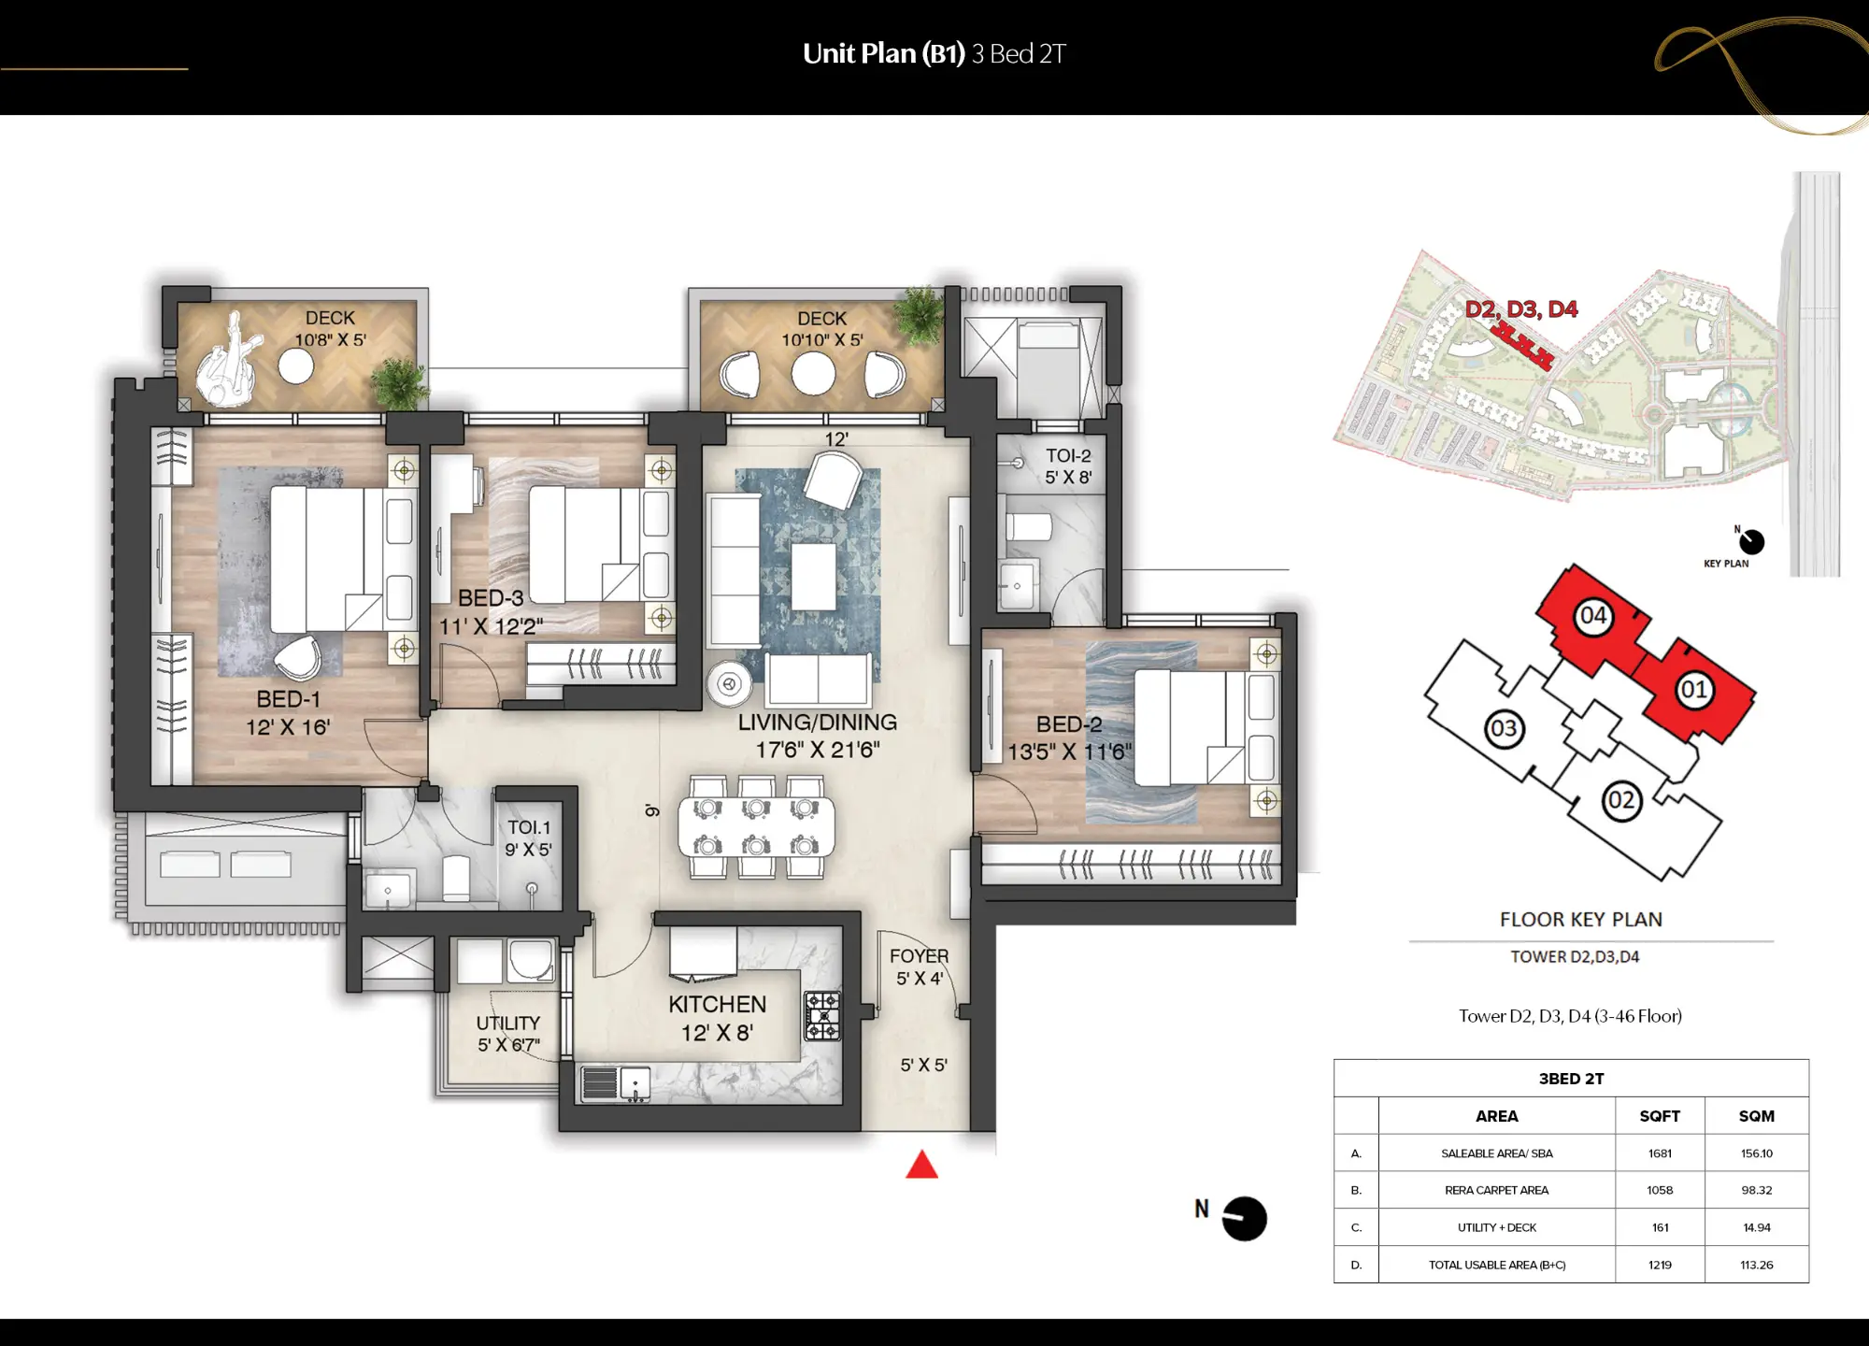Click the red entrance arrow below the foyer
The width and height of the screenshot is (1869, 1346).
[x=921, y=1166]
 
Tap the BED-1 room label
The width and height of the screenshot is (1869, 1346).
[x=288, y=699]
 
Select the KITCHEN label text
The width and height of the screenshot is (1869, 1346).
[x=717, y=1004]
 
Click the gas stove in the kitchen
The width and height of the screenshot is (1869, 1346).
[x=822, y=1016]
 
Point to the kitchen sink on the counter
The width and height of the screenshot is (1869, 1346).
[x=635, y=1083]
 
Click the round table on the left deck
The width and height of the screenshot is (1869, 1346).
[x=296, y=366]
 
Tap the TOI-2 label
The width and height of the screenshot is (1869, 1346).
[x=1067, y=456]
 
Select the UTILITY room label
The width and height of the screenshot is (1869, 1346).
[x=507, y=1023]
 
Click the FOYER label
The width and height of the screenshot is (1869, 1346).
[x=919, y=956]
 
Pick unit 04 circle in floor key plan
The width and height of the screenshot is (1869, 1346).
[x=1592, y=616]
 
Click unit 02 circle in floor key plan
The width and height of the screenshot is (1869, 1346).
[x=1620, y=800]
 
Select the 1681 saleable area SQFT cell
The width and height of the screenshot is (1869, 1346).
[x=1660, y=1153]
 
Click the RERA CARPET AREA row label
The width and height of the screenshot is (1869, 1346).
[x=1496, y=1190]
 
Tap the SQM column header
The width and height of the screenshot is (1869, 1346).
[x=1756, y=1116]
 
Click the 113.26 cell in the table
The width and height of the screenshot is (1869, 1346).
[x=1756, y=1265]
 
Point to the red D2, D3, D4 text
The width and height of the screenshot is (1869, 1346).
[x=1520, y=309]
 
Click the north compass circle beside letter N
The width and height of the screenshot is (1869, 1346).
[x=1244, y=1219]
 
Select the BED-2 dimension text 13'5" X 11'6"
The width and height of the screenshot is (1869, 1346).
[x=1069, y=752]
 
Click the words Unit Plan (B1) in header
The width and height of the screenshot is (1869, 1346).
[x=883, y=54]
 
